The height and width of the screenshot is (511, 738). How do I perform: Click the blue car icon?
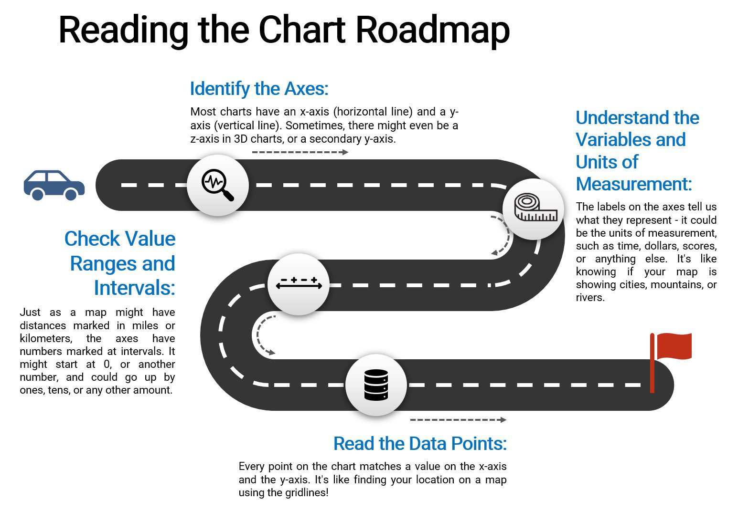point(54,185)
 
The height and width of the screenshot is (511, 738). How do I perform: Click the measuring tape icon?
point(536,207)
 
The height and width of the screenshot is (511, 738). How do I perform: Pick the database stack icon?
point(376,385)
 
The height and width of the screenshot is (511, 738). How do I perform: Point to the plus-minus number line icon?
point(299,283)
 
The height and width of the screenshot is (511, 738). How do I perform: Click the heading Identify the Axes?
point(259,89)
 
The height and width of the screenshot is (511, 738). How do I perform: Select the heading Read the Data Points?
point(420,444)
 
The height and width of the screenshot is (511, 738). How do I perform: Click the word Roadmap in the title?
point(433,30)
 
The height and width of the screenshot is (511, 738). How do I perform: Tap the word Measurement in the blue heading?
point(634,184)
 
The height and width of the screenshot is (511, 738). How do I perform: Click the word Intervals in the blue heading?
point(134,288)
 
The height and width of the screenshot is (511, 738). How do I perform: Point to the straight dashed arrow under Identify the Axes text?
point(300,152)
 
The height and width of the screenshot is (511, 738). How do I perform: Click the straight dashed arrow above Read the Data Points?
point(458,420)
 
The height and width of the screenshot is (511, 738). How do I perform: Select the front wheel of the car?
point(71,194)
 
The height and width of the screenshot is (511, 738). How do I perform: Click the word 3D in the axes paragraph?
point(241,139)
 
